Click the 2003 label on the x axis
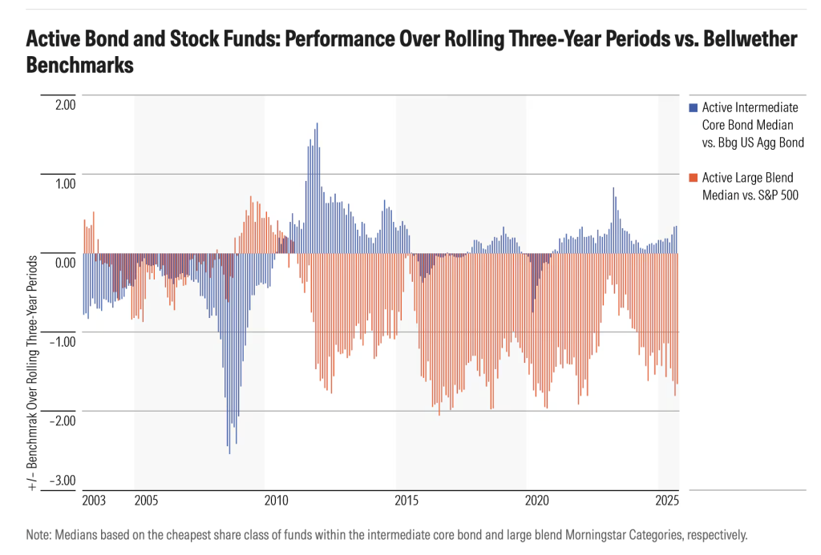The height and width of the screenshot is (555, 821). pos(94,501)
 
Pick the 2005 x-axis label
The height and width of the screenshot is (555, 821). pos(146,501)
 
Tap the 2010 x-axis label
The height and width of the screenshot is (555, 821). pos(276,501)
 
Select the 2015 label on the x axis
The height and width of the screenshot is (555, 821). pos(406,501)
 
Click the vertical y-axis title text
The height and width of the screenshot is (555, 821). pos(33,372)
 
